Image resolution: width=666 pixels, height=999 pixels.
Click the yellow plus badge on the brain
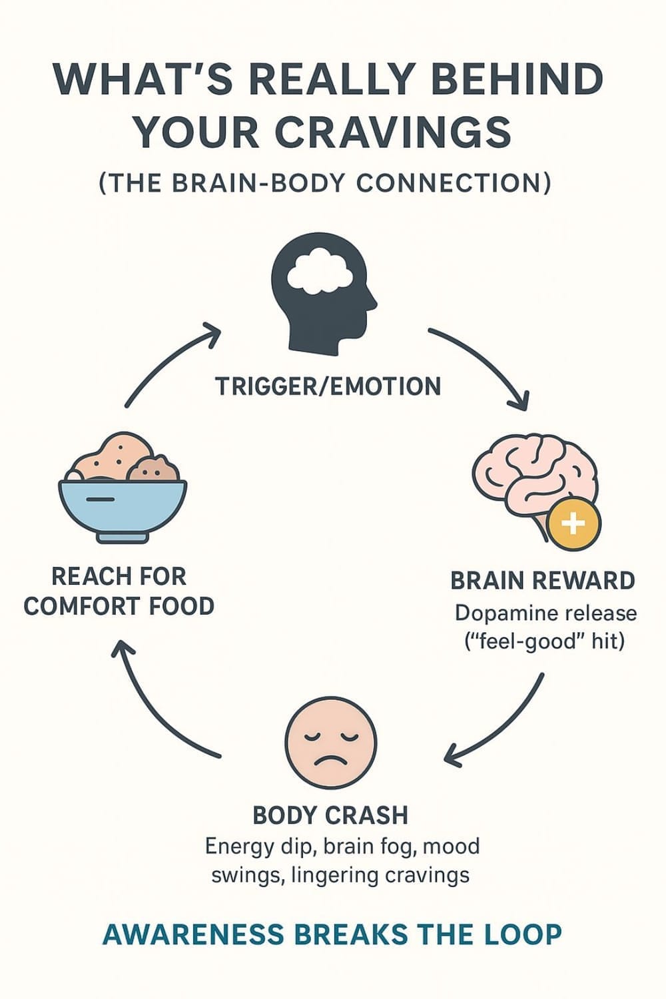pos(573,523)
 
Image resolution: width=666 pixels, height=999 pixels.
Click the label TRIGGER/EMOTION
pos(328,387)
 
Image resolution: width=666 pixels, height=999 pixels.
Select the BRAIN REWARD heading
pos(543,581)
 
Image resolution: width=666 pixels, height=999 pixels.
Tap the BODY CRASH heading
pos(330,815)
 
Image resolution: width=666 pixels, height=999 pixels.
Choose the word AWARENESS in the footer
pos(192,935)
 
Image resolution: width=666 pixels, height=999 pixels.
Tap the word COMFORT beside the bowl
pos(73,607)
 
